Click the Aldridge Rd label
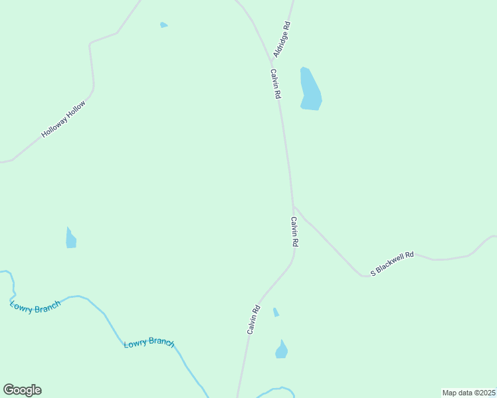(282, 38)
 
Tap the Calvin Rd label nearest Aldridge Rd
(275, 84)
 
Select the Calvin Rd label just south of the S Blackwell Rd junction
(294, 232)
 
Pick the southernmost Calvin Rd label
(252, 319)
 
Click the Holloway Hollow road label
(64, 119)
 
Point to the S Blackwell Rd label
(392, 263)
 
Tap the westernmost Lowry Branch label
(35, 306)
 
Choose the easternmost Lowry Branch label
(149, 343)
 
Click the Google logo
(22, 390)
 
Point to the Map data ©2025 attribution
(468, 393)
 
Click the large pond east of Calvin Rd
(310, 89)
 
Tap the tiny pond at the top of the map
(163, 25)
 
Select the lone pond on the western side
(70, 238)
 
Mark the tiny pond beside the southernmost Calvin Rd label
(276, 312)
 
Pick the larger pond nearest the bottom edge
(282, 350)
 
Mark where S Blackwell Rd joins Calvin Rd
(293, 206)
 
